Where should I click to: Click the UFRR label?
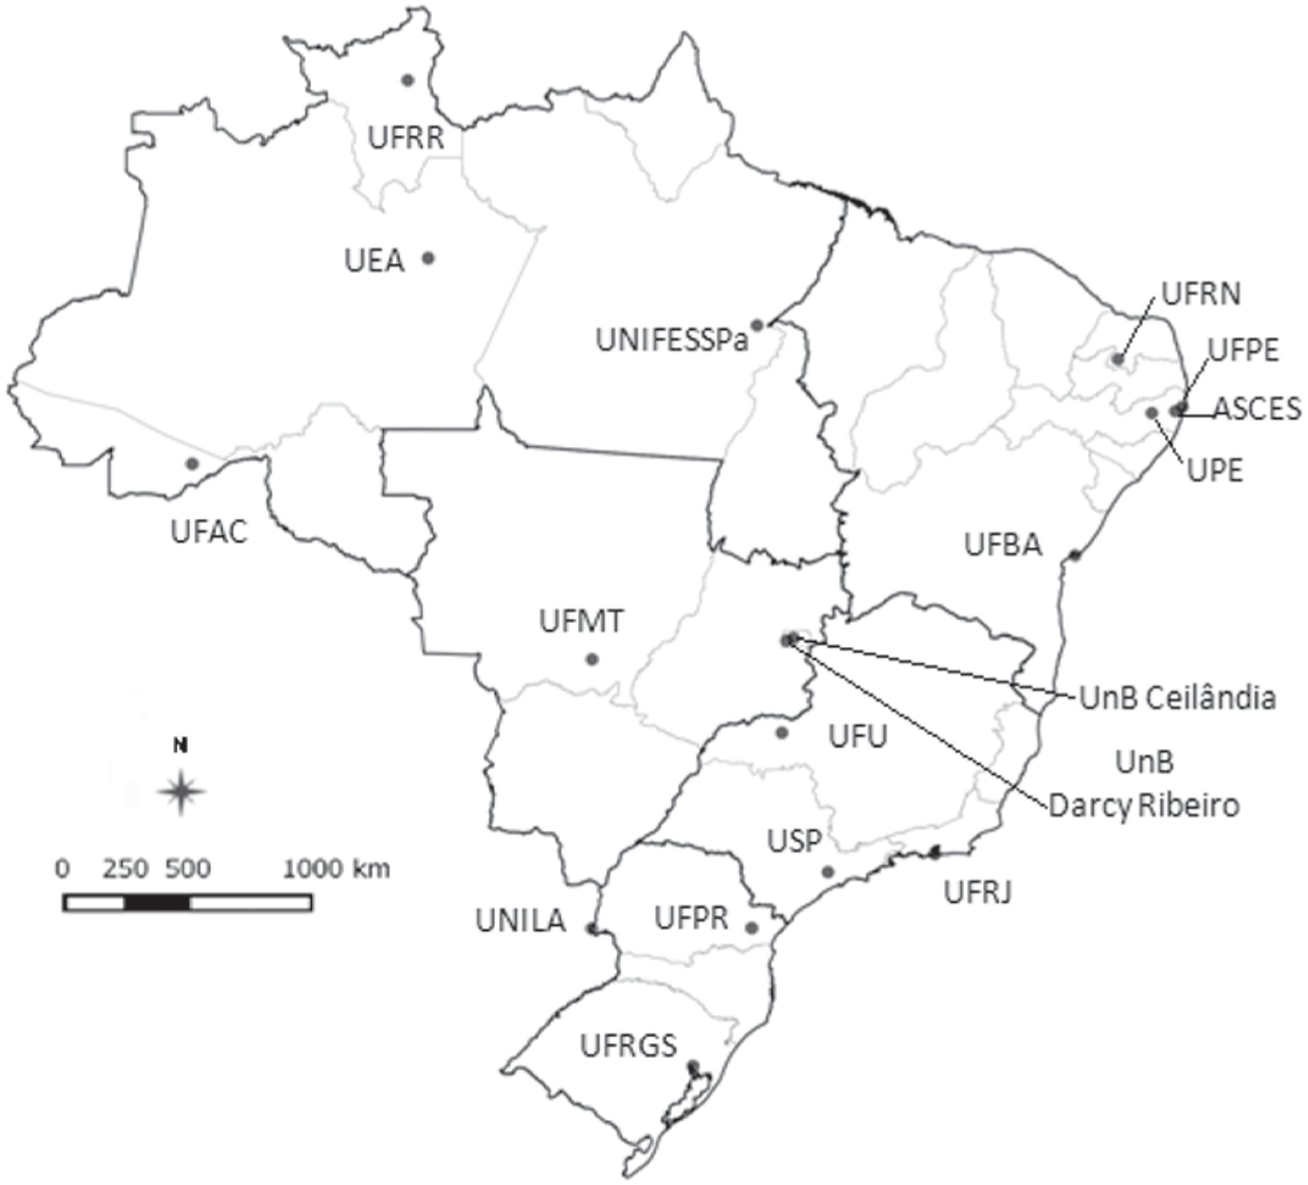tap(406, 138)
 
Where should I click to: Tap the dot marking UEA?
tap(428, 258)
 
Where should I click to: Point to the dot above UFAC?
tap(191, 463)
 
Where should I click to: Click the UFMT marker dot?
tap(591, 659)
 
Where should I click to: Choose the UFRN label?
tap(1200, 294)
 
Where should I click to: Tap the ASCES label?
tap(1257, 408)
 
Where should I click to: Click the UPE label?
tap(1215, 470)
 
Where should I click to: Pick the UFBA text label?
tap(1002, 545)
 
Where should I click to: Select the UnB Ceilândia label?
tap(1177, 699)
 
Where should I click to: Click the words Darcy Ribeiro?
tap(1144, 806)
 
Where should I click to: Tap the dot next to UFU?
tap(782, 733)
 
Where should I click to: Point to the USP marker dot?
tap(828, 872)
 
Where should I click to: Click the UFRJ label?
tap(977, 893)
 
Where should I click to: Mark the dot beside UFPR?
tap(751, 928)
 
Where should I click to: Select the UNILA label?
tap(520, 921)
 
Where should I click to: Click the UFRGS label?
tap(628, 1045)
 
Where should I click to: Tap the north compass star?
tap(182, 791)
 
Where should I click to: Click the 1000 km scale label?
tap(336, 869)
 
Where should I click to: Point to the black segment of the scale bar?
tap(157, 903)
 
